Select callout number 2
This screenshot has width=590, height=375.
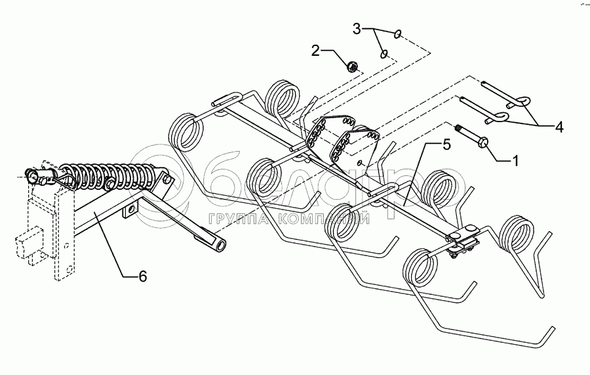[x=316, y=51]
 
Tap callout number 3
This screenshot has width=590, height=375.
[x=357, y=29]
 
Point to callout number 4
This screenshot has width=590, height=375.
[x=559, y=127]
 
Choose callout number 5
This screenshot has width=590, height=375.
[x=446, y=144]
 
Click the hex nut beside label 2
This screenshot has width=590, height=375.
[x=351, y=65]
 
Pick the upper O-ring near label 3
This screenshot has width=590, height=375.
[x=398, y=33]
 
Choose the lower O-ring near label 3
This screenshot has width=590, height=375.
[x=385, y=54]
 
